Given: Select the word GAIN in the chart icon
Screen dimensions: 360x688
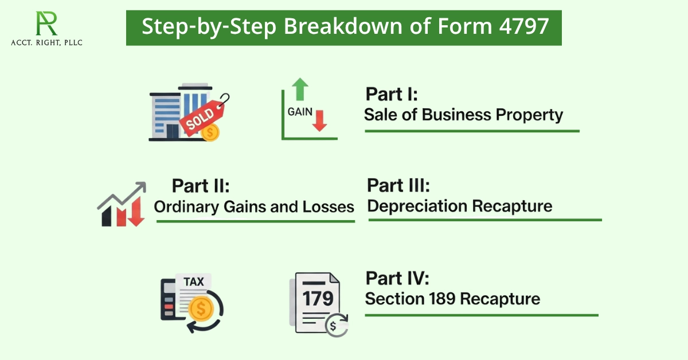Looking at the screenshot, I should pos(299,111).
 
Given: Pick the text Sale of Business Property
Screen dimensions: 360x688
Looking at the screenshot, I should pos(463,115).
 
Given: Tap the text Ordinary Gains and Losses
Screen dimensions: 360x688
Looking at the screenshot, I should pos(254,206).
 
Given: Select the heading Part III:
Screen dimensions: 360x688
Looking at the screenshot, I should pos(398,186).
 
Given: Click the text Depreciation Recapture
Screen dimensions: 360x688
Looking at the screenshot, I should pos(460,206).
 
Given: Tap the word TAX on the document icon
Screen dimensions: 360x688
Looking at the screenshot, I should pos(193,283).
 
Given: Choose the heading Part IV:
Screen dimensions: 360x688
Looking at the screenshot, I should pos(397,279).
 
